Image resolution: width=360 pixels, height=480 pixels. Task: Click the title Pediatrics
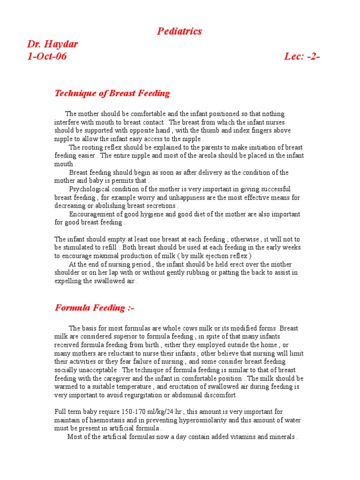(180, 31)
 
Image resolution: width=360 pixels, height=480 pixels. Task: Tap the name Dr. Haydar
(52, 45)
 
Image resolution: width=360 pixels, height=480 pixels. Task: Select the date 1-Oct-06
(47, 57)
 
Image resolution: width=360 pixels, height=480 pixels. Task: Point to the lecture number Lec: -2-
(302, 57)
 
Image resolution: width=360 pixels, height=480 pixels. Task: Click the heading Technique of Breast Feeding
(112, 93)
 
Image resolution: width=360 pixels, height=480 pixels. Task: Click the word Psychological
(90, 189)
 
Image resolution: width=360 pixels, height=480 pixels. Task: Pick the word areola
(176, 156)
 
